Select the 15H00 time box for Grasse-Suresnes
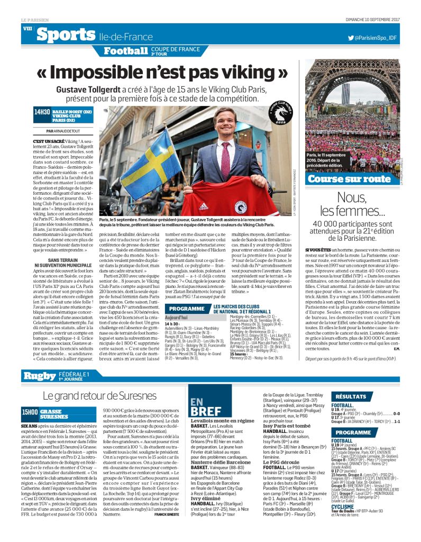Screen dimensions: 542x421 click(29, 414)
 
